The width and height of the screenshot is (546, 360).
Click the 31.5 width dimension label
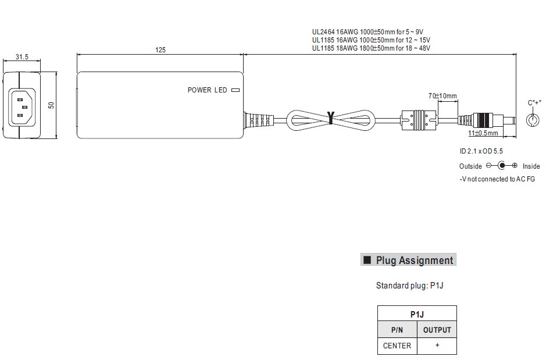(22, 57)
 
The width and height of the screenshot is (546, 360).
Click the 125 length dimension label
(160, 50)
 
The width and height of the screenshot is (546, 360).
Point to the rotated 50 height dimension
(51, 105)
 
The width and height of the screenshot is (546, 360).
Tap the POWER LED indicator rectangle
(235, 90)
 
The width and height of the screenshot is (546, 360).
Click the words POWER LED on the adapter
(207, 90)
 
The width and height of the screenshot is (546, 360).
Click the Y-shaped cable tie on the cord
(331, 118)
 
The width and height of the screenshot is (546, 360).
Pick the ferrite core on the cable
(419, 120)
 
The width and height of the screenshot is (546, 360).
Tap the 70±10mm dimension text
(442, 96)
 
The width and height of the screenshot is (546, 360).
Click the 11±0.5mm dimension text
(483, 133)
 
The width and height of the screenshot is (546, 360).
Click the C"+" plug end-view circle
(533, 120)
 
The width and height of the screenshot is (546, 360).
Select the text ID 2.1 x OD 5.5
(481, 151)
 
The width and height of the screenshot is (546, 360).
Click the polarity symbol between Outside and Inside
(501, 165)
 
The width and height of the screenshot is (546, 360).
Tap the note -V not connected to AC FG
(497, 179)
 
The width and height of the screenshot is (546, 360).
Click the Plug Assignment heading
(408, 260)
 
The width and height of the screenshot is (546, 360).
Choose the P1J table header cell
(417, 314)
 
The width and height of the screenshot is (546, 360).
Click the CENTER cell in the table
(397, 345)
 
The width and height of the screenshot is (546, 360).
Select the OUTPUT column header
(437, 330)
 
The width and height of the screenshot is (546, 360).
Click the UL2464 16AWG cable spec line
(367, 32)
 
